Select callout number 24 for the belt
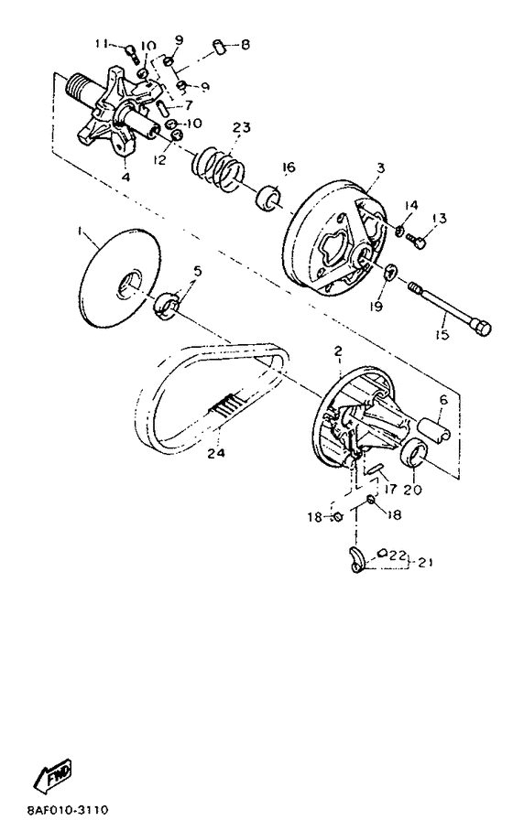[215, 453]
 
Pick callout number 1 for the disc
[80, 231]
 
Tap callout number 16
[289, 167]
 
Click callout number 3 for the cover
[380, 167]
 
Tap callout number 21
[425, 563]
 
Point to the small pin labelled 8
[219, 46]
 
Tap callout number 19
[376, 305]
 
